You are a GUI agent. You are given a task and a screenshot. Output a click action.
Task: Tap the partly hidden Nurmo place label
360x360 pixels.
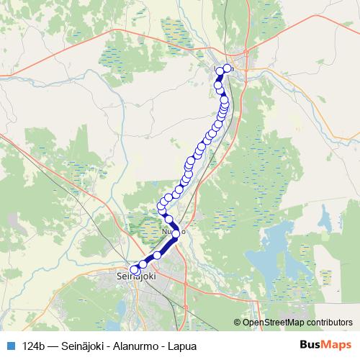pyautogui.click(x=174, y=232)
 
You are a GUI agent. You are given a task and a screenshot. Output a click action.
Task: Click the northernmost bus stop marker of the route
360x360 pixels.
pyautogui.click(x=228, y=68)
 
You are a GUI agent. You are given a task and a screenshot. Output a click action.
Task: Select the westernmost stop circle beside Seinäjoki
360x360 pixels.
pyautogui.click(x=134, y=270)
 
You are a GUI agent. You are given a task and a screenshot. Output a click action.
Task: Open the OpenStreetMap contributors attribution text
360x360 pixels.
pyautogui.click(x=298, y=323)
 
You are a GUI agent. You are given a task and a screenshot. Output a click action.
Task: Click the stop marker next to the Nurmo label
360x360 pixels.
pyautogui.click(x=176, y=234)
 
